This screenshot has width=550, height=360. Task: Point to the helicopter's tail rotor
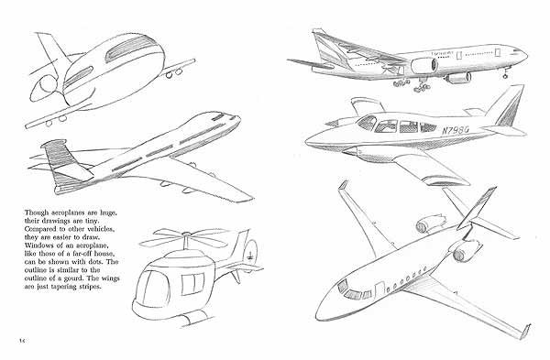(x=247, y=254)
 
